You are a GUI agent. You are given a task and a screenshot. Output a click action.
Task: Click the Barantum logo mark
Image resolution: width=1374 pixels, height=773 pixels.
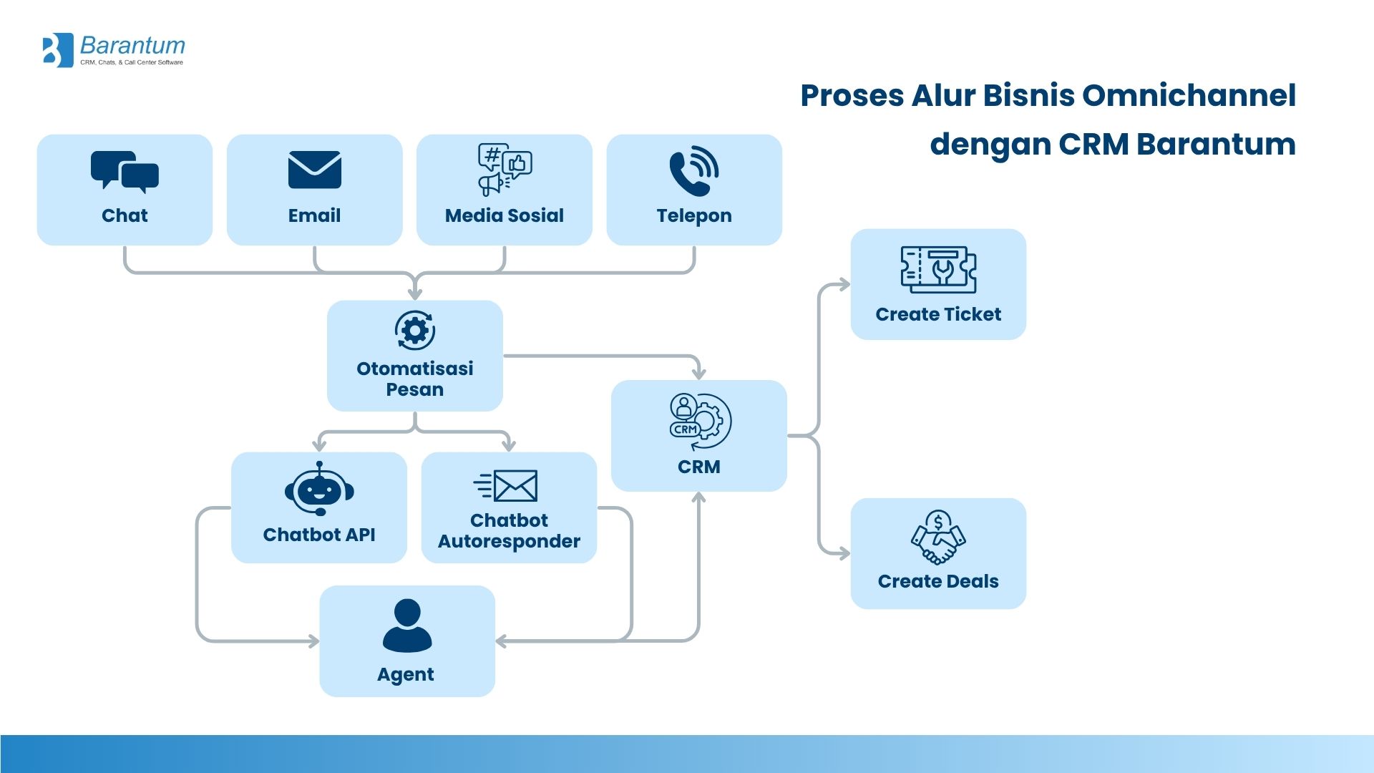(x=58, y=50)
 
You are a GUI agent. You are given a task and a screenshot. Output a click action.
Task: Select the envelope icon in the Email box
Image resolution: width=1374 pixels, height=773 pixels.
(x=314, y=170)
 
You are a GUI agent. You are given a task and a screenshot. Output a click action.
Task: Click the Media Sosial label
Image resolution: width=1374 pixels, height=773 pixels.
(x=504, y=215)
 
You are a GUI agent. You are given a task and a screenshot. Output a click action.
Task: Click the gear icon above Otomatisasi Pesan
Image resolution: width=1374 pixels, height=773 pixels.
(x=415, y=331)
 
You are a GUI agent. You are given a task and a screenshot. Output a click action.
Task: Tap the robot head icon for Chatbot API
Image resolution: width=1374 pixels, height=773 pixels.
(x=319, y=489)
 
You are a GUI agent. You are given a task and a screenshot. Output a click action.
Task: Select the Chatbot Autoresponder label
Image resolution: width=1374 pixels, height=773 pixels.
(x=509, y=530)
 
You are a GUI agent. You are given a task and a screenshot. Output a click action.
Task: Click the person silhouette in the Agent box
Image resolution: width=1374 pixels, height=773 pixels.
(x=407, y=626)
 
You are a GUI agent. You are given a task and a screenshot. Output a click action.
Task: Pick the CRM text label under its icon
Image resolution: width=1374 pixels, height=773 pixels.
(x=698, y=467)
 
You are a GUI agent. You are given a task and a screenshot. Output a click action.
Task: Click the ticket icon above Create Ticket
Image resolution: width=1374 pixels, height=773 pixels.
(x=938, y=270)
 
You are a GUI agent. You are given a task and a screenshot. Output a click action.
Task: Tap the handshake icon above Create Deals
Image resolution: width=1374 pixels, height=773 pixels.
(x=938, y=538)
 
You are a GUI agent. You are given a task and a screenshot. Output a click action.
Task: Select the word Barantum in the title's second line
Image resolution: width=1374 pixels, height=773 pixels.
(x=1216, y=144)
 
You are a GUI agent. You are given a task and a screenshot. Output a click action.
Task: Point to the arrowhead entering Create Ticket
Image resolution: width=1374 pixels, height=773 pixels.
(x=844, y=285)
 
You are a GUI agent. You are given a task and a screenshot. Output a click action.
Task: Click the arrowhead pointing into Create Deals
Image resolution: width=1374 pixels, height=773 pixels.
(x=844, y=553)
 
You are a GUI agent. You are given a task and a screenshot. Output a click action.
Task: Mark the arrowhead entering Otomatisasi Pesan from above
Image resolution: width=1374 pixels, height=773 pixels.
(x=415, y=293)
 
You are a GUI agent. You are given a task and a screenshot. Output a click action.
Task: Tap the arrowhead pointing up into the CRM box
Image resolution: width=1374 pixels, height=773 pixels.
(x=699, y=497)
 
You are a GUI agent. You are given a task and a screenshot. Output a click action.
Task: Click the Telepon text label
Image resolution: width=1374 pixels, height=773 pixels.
(x=693, y=215)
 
